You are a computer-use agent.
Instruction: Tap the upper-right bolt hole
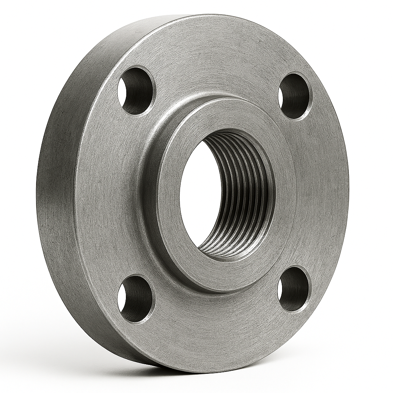(x=295, y=96)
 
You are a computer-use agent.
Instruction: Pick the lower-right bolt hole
(x=293, y=289)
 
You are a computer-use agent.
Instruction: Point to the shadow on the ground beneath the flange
(x=192, y=378)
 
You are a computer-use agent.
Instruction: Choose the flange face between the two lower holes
(x=215, y=326)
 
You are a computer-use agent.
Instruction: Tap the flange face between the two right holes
(x=319, y=192)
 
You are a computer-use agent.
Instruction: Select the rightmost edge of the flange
(x=348, y=192)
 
